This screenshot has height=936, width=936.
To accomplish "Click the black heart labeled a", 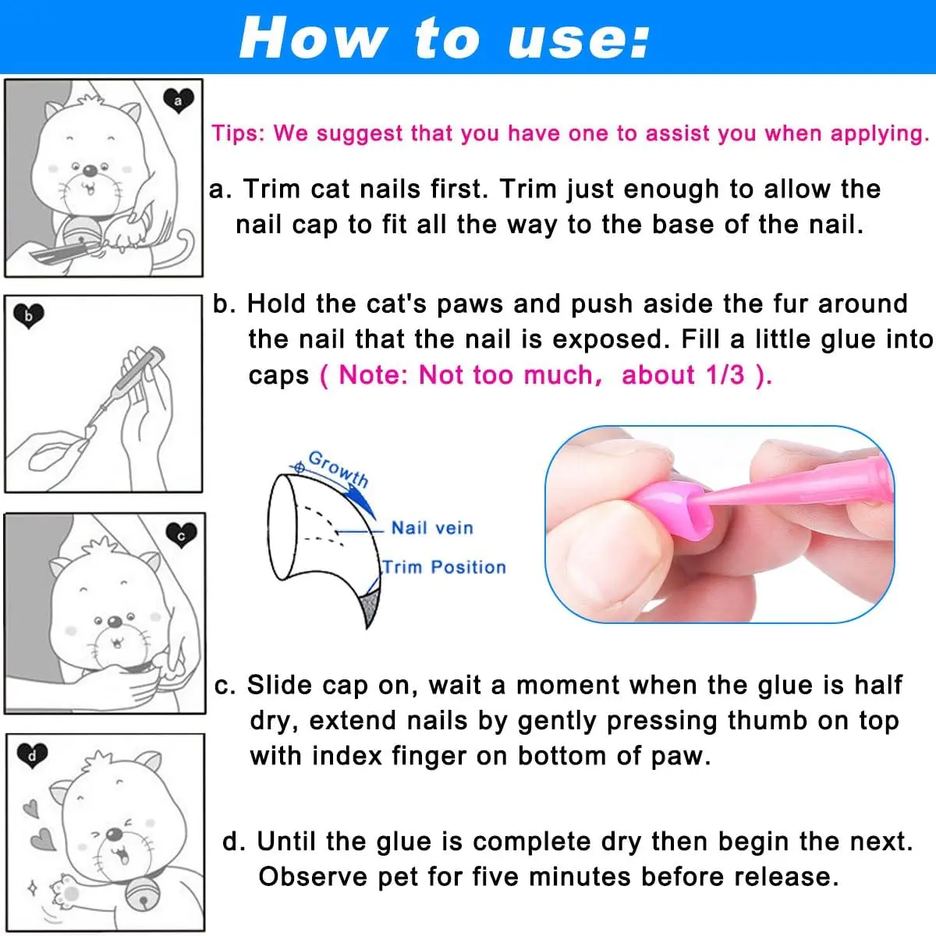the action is click(x=179, y=101).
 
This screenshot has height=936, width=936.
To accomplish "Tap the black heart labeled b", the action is click(x=29, y=316).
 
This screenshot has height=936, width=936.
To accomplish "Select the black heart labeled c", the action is click(x=181, y=535).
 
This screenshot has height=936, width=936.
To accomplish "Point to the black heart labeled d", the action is click(x=32, y=755).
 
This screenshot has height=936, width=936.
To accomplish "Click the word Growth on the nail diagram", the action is click(x=339, y=469).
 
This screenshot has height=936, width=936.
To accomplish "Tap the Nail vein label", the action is click(x=432, y=528).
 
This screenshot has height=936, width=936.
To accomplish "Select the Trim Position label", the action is click(x=445, y=567).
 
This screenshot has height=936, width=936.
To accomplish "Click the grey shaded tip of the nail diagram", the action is click(x=370, y=607).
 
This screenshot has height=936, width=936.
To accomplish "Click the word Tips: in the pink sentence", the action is click(x=239, y=133).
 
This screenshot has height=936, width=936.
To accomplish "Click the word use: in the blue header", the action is click(x=578, y=39).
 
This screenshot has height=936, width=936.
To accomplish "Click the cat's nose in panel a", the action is click(x=90, y=170).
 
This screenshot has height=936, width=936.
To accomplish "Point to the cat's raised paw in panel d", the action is click(x=66, y=889).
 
